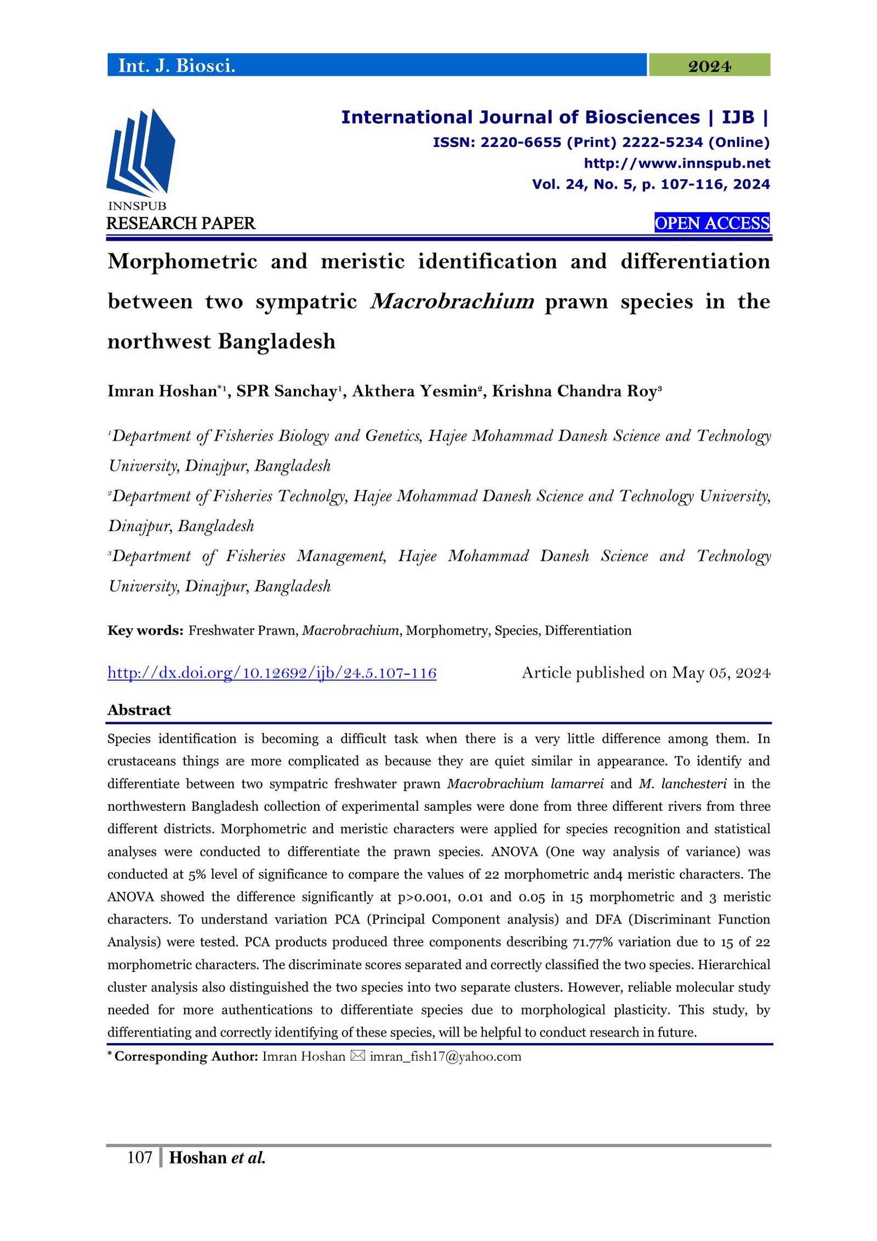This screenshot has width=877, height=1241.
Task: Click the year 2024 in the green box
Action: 709,66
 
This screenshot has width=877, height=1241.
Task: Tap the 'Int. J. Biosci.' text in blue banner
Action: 176,66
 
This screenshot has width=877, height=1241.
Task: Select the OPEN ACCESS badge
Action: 711,223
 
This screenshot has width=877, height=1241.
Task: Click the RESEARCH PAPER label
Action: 181,224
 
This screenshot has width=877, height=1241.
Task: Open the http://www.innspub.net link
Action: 676,163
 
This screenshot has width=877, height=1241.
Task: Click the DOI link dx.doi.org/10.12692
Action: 272,673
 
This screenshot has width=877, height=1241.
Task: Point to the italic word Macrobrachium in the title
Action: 452,301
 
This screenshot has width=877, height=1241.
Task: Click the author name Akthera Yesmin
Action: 415,391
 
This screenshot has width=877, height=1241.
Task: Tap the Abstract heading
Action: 139,710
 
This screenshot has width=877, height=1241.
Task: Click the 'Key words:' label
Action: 145,630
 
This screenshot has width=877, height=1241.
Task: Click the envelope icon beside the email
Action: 357,1056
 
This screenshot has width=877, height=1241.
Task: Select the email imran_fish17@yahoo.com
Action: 445,1056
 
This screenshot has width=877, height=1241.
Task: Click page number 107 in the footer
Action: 139,1158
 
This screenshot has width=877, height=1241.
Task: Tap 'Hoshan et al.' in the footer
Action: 217,1158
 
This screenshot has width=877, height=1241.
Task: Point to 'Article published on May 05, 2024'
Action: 646,673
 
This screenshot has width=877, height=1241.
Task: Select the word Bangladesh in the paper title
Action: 277,341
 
